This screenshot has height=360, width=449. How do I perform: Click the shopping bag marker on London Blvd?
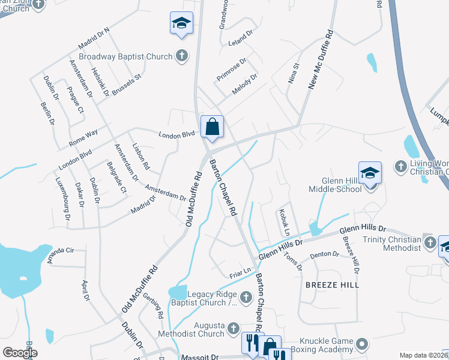coord(212,127)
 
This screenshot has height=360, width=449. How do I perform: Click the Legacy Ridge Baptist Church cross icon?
coord(246,297)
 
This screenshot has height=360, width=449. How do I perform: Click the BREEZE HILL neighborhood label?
coord(332,284)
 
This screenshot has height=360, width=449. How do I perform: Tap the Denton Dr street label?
coord(325,255)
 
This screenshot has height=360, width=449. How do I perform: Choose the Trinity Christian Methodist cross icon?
coord(429,242)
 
